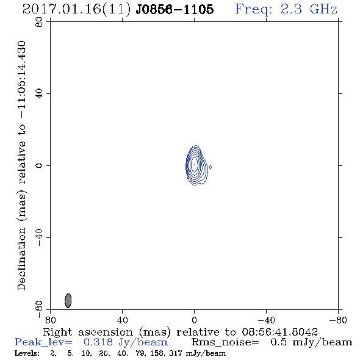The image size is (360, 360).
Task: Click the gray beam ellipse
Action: point(68,301)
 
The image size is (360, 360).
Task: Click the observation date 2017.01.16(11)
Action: point(76,10)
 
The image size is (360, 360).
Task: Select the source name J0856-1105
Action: point(175,10)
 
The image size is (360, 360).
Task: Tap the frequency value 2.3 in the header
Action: point(291,9)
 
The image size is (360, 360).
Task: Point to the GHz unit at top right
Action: point(323,9)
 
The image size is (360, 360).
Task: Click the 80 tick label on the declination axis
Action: point(39,22)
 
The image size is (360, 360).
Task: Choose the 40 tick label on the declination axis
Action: point(39,94)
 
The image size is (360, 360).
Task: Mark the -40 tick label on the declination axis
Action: point(39,237)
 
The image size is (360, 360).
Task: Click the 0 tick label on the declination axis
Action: point(39,165)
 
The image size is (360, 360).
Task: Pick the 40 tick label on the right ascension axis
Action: point(122,320)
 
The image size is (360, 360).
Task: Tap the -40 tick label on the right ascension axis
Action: point(266,320)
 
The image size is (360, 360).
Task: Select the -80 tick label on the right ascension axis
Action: point(338,320)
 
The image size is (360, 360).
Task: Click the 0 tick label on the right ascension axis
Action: point(194,320)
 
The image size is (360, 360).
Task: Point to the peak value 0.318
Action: point(98,342)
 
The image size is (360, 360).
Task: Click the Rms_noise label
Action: point(225,342)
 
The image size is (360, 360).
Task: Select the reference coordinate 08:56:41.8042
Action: point(279,332)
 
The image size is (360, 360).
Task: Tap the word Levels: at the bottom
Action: point(27,353)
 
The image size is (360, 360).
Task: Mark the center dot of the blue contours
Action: point(194,165)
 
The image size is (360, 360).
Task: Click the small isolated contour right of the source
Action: point(211,167)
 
